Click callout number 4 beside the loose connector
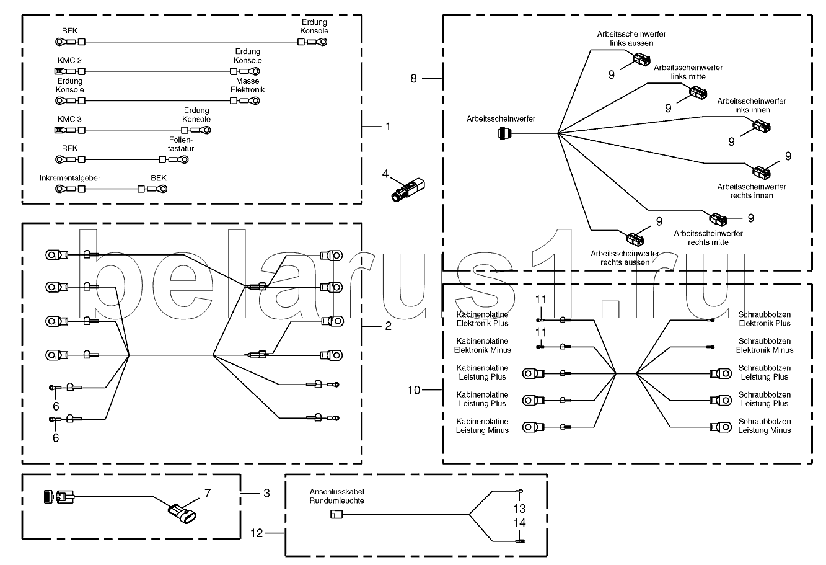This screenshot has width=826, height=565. click(385, 174)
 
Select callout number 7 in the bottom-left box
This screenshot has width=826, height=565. click(208, 494)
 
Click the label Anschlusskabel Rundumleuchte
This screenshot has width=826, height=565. click(336, 496)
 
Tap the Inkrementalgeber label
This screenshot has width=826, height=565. click(70, 178)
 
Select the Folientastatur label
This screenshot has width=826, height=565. click(181, 144)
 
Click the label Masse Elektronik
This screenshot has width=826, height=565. click(247, 86)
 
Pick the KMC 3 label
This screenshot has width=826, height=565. click(69, 119)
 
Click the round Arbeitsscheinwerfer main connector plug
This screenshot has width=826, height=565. click(503, 133)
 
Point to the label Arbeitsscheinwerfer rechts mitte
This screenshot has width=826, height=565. click(708, 238)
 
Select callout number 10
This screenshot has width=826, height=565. click(415, 390)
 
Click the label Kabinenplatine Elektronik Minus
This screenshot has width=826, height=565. click(482, 345)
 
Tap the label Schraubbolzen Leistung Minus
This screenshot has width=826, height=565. click(764, 425)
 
